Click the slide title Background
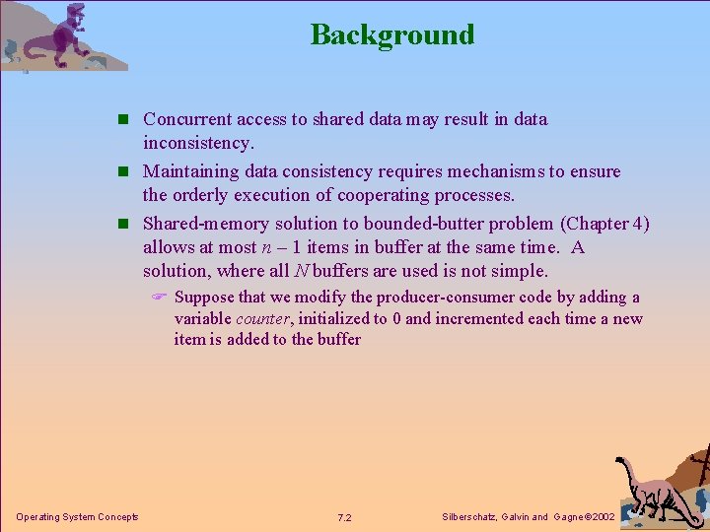point(392,34)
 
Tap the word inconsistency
point(198,144)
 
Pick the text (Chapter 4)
point(603,224)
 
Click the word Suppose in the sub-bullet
point(204,297)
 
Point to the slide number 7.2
point(345,517)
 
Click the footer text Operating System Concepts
point(77,517)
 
